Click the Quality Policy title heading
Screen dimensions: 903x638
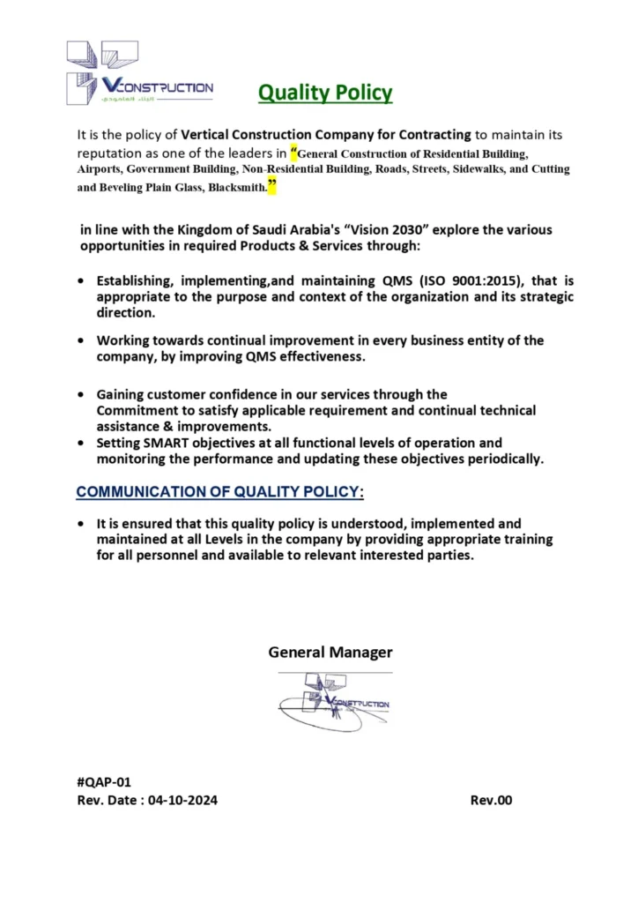click(325, 92)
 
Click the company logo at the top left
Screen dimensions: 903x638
click(139, 74)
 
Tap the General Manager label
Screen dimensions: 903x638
click(330, 653)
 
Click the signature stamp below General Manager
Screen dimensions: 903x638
click(334, 702)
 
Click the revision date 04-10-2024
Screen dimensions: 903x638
click(182, 801)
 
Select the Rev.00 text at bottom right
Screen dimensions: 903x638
click(491, 801)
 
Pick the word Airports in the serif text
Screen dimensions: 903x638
click(98, 168)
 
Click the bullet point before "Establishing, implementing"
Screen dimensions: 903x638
click(82, 281)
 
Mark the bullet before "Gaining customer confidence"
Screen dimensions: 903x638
click(82, 395)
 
